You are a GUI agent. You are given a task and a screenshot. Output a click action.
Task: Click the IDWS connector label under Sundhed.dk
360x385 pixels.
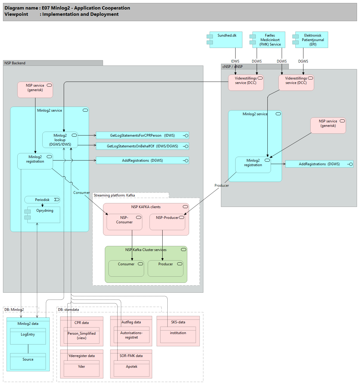[235, 61]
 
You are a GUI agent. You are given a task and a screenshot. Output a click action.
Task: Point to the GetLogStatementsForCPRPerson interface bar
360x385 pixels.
[142, 135]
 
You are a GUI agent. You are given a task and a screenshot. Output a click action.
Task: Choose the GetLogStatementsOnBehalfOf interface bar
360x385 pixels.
[142, 146]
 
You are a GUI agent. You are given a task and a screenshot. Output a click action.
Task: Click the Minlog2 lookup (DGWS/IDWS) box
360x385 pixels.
[60, 140]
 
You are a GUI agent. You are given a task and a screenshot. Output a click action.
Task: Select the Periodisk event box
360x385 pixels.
[42, 200]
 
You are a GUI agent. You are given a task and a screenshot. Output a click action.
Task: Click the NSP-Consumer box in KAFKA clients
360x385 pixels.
[124, 222]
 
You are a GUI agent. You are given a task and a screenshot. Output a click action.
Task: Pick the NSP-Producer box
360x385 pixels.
[167, 222]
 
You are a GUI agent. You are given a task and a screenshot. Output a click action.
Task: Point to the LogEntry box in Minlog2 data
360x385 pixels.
[28, 336]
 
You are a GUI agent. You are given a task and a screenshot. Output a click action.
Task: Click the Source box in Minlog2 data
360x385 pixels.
[28, 361]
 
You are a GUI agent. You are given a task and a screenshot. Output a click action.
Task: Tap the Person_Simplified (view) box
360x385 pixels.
[82, 336]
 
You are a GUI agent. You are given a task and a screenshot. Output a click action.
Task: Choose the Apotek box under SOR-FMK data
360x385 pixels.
[132, 368]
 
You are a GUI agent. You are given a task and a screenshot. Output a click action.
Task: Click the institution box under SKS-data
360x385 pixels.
[178, 335]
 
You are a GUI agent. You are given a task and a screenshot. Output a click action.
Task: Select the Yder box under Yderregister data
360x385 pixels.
[82, 368]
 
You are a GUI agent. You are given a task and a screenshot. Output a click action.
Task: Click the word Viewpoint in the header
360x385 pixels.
[16, 14]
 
